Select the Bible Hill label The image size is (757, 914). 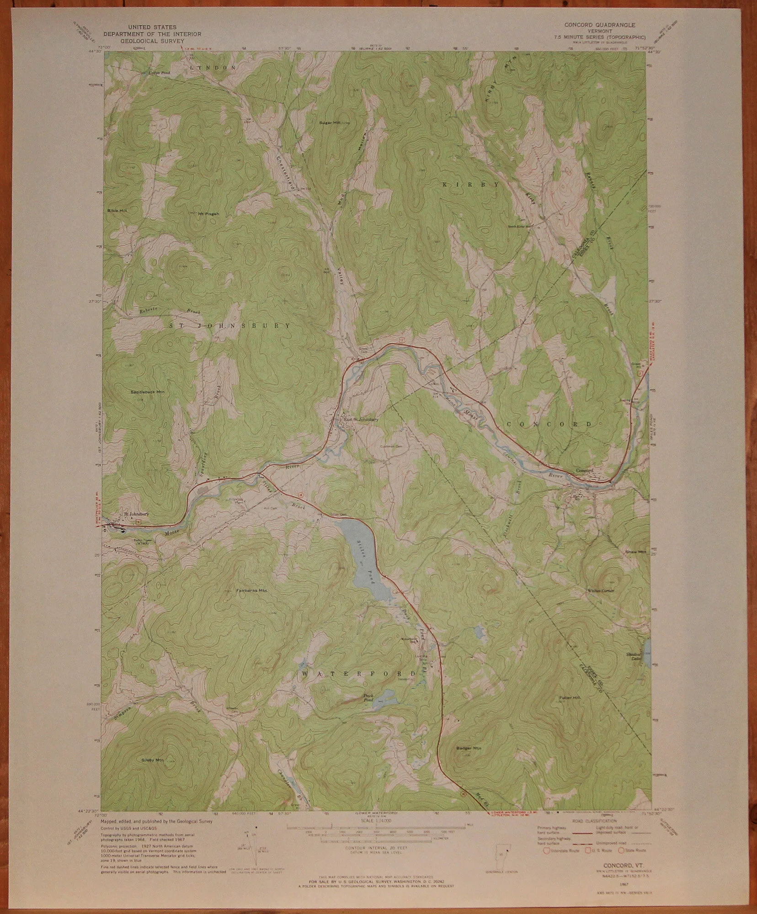pos(117,210)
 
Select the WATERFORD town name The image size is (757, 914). pos(359,674)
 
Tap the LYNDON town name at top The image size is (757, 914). pos(213,67)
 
